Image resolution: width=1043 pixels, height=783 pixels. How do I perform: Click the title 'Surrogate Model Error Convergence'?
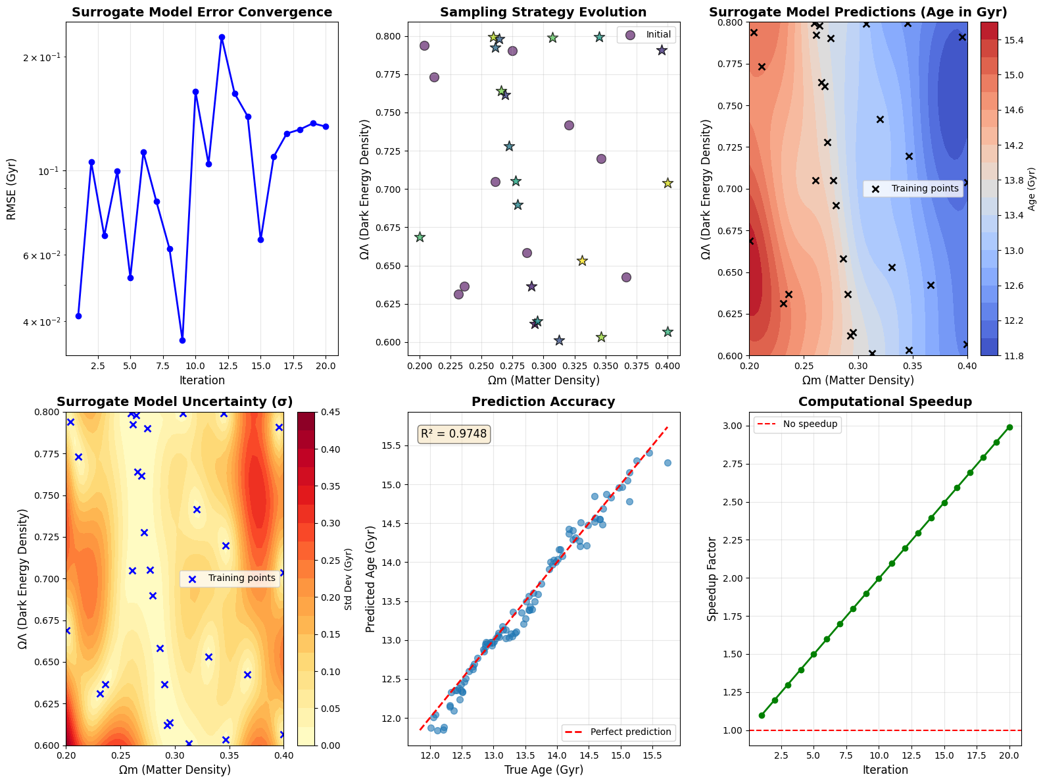click(202, 13)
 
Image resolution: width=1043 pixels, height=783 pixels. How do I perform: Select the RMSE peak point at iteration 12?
click(222, 38)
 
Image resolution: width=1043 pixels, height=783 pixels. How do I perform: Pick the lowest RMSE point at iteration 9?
click(183, 340)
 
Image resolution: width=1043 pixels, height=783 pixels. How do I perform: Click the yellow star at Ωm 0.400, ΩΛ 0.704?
click(667, 183)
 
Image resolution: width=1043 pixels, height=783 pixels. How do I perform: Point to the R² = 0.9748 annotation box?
click(454, 434)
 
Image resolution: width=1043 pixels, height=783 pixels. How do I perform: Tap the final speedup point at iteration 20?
click(1009, 427)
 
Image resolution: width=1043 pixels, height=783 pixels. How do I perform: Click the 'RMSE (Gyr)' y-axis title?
click(12, 189)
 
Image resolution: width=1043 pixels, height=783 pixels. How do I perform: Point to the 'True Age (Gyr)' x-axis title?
click(544, 770)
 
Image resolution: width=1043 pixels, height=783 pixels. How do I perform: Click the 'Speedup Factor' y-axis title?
click(712, 578)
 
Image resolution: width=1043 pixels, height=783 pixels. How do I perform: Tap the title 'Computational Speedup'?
click(885, 402)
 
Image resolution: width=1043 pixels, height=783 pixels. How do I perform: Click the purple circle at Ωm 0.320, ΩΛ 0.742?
click(569, 125)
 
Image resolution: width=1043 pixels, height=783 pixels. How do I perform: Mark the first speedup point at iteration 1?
click(762, 715)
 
